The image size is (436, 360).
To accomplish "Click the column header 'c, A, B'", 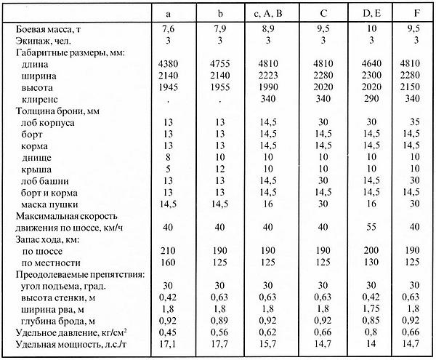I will click(x=270, y=12).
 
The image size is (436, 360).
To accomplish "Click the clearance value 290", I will click(x=370, y=98).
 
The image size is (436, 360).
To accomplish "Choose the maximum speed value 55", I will click(x=370, y=227).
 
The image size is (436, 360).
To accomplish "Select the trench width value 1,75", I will click(x=370, y=308).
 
